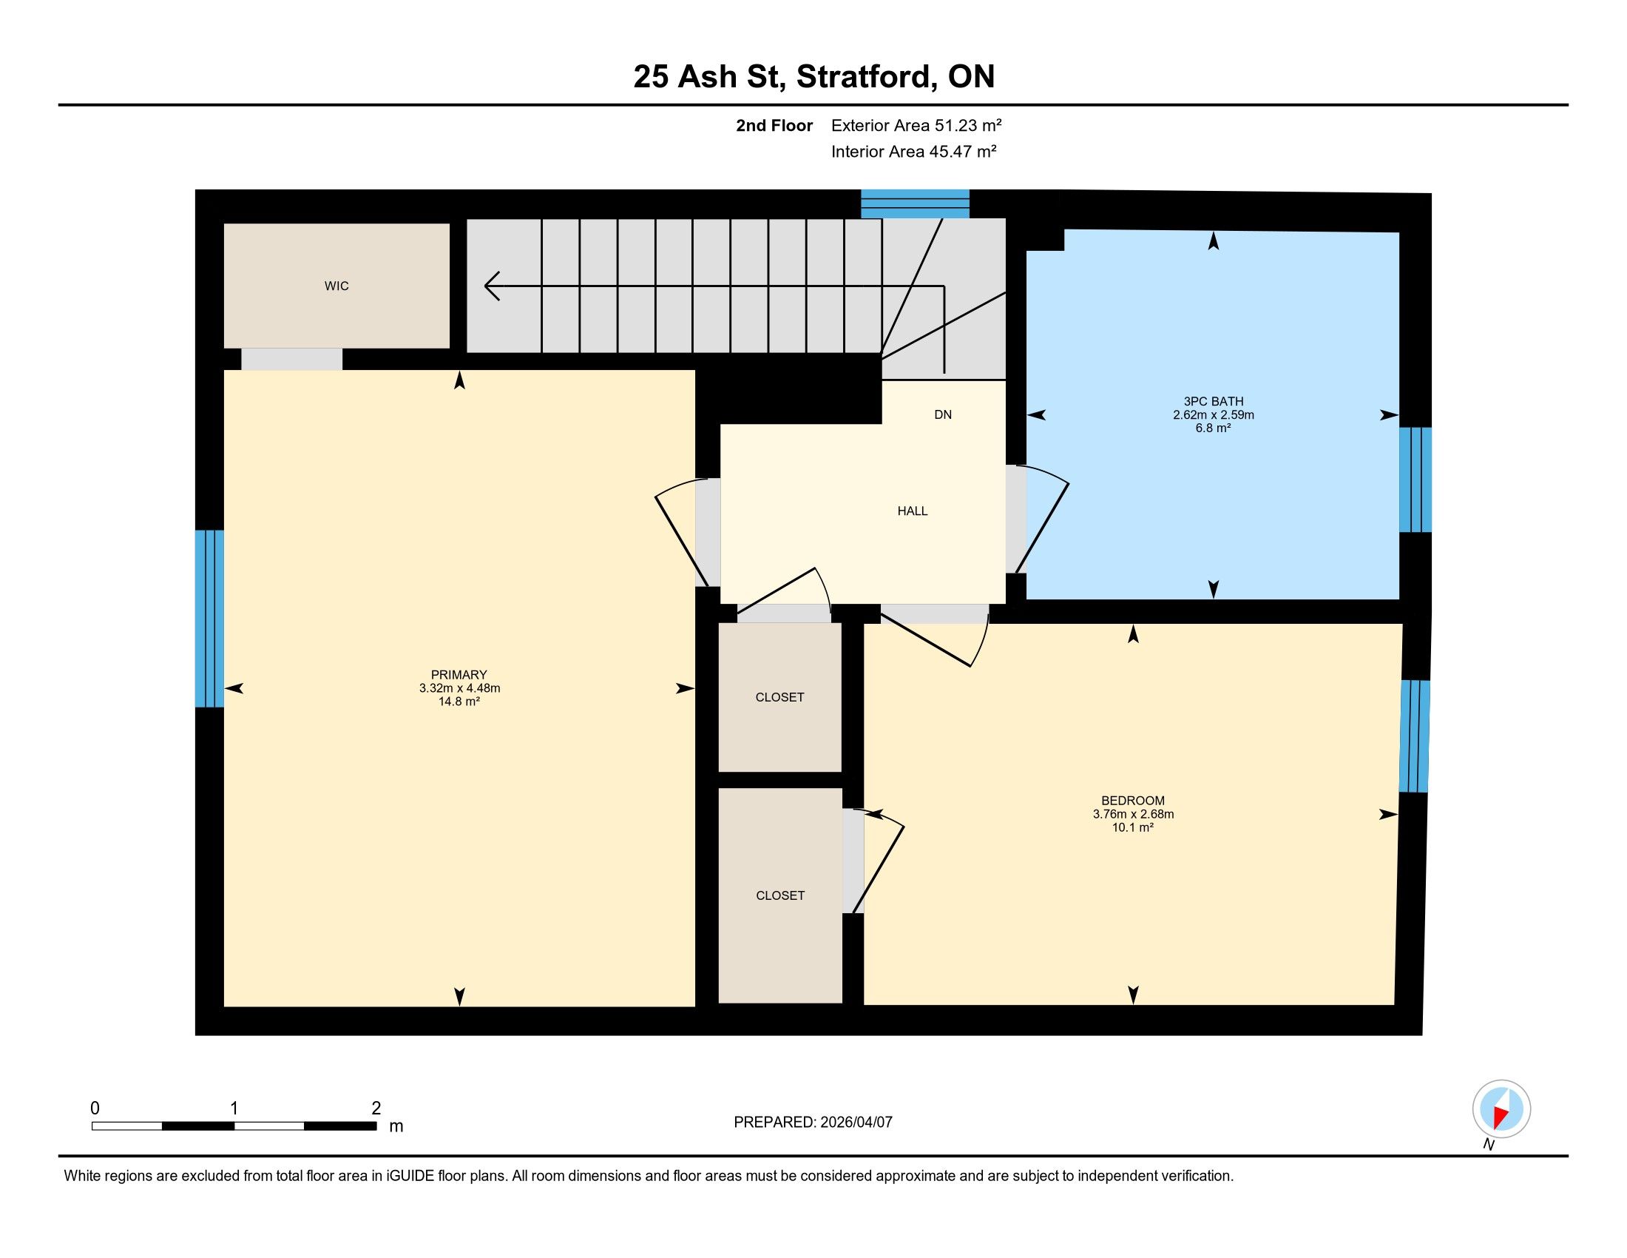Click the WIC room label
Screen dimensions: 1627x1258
coord(336,286)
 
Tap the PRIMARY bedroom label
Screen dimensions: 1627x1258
coord(459,674)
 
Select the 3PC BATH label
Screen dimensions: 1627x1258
coord(1213,402)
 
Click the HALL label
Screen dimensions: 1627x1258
coord(912,511)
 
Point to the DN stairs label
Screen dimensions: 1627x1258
coord(942,415)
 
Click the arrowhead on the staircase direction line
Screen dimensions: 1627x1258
coord(492,286)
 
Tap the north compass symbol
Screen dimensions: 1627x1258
coord(1501,1109)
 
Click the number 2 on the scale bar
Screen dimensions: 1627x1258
coord(376,1109)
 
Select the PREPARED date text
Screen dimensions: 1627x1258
coord(813,1123)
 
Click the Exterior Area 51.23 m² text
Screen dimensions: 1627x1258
coord(916,125)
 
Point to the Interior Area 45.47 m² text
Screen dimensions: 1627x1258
coord(914,151)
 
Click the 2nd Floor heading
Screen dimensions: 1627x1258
coord(774,126)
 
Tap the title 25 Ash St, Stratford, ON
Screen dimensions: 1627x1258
coord(813,77)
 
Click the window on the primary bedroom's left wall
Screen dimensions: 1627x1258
coord(209,619)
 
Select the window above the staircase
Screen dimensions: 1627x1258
coord(915,203)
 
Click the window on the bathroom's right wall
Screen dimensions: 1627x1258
coord(1415,480)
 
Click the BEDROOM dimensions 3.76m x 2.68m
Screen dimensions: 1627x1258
coord(1133,815)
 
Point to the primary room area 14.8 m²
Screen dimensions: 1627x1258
coord(459,702)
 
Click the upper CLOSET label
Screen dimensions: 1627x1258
coord(779,698)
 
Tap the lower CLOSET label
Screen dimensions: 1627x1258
coord(780,896)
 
